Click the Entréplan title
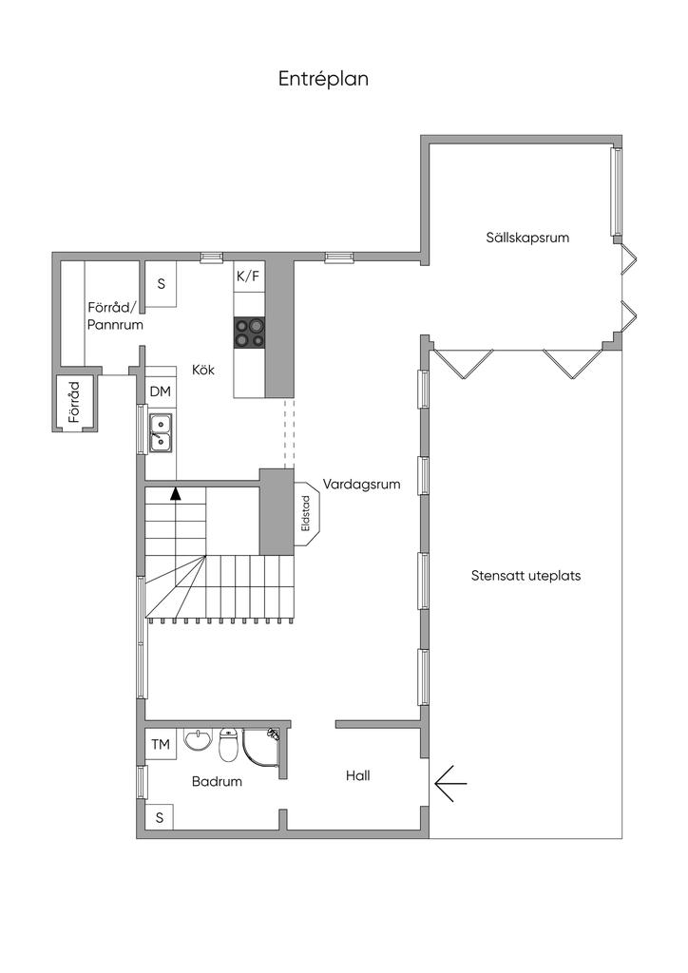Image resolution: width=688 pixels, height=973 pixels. [323, 80]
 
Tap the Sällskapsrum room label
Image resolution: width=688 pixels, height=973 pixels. [527, 237]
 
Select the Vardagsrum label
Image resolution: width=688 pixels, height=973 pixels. [361, 484]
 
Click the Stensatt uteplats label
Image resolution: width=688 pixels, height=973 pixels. [526, 575]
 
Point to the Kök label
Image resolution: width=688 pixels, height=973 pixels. [203, 370]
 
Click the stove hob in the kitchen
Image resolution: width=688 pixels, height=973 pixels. [249, 332]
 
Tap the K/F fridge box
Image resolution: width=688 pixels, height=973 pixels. [249, 277]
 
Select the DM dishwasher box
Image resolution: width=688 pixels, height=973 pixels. [161, 391]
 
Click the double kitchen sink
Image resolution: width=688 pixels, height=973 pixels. [161, 432]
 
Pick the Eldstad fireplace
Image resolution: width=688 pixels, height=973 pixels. [307, 513]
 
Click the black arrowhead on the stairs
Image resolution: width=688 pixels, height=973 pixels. [176, 494]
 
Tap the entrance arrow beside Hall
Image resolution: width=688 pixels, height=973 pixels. [450, 783]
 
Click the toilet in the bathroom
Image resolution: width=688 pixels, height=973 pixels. [228, 744]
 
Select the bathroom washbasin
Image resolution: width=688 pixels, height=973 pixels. [198, 738]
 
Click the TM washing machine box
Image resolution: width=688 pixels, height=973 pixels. [161, 743]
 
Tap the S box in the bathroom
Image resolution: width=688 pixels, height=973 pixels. [160, 817]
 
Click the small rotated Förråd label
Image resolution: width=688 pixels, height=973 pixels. [74, 402]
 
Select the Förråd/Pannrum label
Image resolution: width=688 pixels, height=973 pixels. [115, 315]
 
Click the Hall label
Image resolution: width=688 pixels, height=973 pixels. [358, 775]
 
